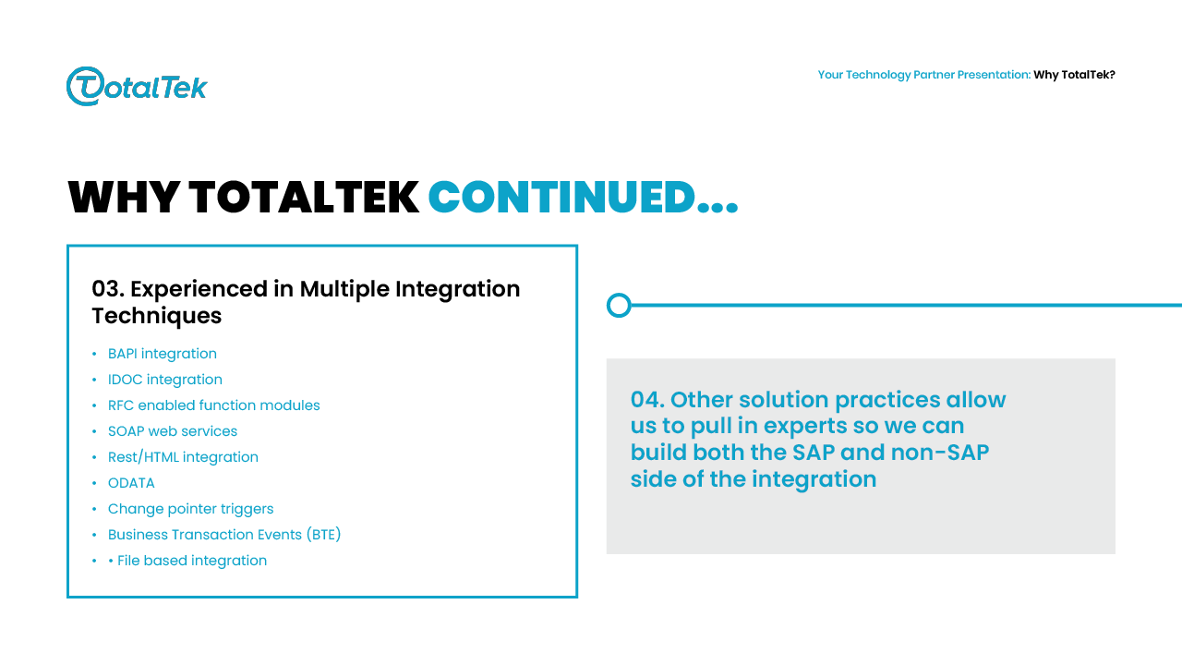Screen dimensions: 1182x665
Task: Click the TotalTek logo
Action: (x=137, y=86)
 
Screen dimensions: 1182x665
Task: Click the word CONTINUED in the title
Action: (x=561, y=198)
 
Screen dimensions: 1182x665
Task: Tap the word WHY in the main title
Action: (x=123, y=198)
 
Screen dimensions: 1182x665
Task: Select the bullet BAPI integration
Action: (x=162, y=354)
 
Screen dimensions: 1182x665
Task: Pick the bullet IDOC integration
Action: (x=164, y=380)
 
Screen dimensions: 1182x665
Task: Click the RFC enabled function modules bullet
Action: (x=213, y=405)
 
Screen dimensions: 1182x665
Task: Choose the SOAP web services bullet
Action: (x=173, y=431)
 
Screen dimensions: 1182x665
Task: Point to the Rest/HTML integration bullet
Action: (x=183, y=457)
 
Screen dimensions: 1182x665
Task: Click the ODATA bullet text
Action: (x=131, y=483)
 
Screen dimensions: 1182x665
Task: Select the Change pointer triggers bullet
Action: (x=190, y=509)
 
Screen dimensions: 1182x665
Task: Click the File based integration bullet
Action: (x=191, y=561)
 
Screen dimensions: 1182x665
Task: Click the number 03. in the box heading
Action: (x=108, y=289)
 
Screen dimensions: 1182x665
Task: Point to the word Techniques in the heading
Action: (x=157, y=316)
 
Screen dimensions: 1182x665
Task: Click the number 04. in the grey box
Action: (x=647, y=400)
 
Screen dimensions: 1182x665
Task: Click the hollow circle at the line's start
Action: (x=619, y=305)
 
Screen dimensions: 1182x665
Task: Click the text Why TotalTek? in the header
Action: (x=1074, y=75)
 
